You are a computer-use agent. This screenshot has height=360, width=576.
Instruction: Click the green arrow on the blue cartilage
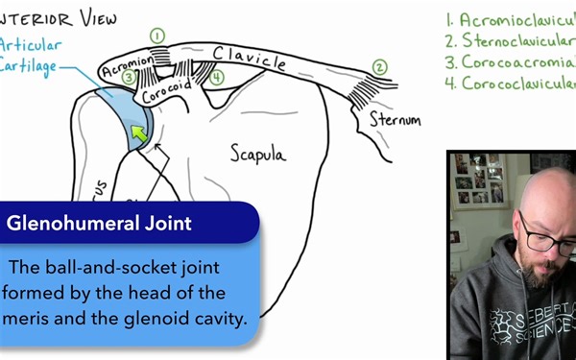tap(140, 133)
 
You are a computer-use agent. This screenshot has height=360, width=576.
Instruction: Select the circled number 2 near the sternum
tap(380, 66)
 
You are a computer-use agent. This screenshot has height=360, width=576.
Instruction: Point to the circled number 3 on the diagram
tap(129, 78)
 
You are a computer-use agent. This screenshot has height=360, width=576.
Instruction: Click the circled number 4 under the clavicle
tap(218, 77)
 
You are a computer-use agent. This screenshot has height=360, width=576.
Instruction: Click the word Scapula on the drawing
tap(259, 151)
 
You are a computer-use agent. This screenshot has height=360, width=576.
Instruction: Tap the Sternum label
tap(396, 121)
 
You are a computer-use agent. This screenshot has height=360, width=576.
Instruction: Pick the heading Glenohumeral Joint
tap(99, 224)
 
